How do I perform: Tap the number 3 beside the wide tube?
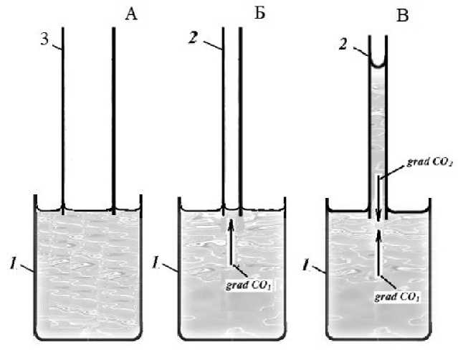click(44, 42)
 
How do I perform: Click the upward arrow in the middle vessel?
click(231, 244)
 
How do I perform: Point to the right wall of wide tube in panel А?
click(113, 115)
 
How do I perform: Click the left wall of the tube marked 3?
click(63, 115)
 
